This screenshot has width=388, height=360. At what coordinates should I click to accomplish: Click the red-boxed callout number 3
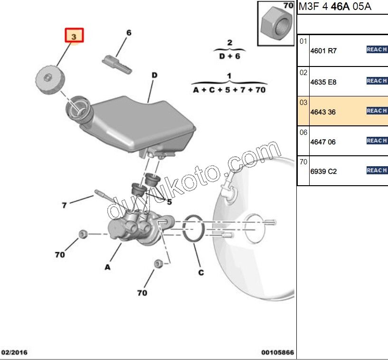pyautogui.click(x=74, y=36)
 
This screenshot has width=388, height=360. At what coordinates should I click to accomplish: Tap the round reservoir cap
pyautogui.click(x=49, y=81)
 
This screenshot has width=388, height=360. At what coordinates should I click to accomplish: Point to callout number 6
pyautogui.click(x=129, y=33)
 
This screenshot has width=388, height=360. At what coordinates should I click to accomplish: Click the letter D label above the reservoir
pyautogui.click(x=154, y=75)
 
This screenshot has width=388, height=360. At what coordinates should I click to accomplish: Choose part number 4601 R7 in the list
pyautogui.click(x=323, y=51)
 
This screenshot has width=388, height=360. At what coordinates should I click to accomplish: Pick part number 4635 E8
pyautogui.click(x=323, y=82)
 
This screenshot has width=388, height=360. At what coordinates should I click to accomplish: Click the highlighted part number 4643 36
pyautogui.click(x=323, y=112)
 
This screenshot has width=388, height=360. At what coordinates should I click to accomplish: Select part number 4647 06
pyautogui.click(x=323, y=142)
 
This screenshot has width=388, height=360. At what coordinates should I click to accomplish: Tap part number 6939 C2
pyautogui.click(x=323, y=171)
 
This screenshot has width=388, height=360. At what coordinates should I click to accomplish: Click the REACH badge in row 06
pyautogui.click(x=377, y=141)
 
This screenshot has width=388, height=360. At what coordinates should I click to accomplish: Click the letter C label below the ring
pyautogui.click(x=201, y=272)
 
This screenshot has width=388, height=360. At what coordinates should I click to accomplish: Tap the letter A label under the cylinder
pyautogui.click(x=108, y=267)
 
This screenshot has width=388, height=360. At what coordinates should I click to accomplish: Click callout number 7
pyautogui.click(x=64, y=206)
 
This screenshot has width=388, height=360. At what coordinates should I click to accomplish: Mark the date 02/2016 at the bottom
pyautogui.click(x=14, y=352)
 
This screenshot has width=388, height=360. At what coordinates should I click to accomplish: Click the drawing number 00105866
pyautogui.click(x=277, y=352)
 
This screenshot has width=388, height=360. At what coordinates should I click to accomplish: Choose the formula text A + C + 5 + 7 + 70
pyautogui.click(x=229, y=90)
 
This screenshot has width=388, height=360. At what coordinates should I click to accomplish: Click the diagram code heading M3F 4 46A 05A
pyautogui.click(x=334, y=7)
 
